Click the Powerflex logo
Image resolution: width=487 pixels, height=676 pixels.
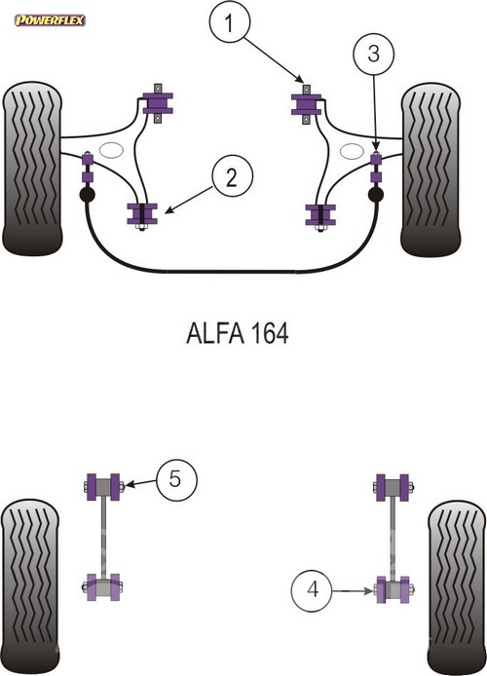(x=50, y=20)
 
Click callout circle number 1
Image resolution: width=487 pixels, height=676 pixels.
(x=229, y=22)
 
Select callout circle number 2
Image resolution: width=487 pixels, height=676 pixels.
(x=232, y=177)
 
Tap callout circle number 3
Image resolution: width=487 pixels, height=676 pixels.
(x=373, y=54)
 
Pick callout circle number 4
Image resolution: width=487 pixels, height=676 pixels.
(x=312, y=590)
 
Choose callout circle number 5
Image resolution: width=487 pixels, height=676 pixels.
(x=176, y=479)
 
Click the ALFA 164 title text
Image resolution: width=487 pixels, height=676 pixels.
(x=238, y=333)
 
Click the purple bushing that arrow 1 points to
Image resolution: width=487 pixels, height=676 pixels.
(x=306, y=104)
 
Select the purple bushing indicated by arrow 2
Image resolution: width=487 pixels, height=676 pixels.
(x=142, y=214)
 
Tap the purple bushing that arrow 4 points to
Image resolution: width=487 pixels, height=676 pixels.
(x=393, y=589)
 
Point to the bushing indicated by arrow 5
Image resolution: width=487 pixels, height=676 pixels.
(x=103, y=487)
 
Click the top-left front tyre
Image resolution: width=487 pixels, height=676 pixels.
(x=32, y=169)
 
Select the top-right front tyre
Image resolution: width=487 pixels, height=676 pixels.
(x=431, y=169)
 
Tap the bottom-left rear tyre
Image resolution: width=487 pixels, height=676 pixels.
(x=30, y=587)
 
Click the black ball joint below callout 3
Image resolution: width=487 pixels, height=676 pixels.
(x=376, y=195)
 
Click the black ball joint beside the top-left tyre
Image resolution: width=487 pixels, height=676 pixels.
(x=88, y=194)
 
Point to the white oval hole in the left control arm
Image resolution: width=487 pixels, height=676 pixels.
(x=111, y=150)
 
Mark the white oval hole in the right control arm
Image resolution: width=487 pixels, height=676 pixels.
(x=352, y=151)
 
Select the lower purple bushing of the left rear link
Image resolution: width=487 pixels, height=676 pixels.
(x=103, y=586)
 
